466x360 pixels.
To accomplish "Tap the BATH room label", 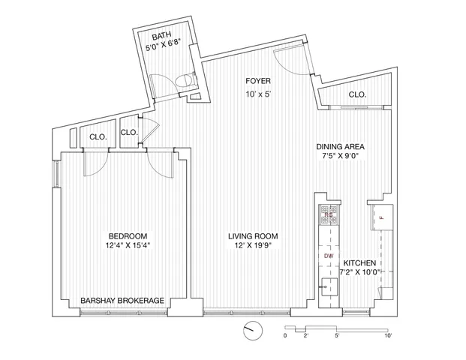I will pos(161,37).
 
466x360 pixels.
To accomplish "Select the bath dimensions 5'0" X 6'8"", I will pos(164,46).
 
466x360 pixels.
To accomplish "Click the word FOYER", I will pos(257,81).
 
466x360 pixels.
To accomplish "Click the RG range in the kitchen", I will pos(328,216).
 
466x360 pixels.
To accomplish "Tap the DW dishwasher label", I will pos(328,256).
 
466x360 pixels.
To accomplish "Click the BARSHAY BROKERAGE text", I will pos(122,301).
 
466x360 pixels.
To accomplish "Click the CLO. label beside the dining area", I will pos(357,95).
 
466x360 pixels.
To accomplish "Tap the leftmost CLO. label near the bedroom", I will pos(98,137).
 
